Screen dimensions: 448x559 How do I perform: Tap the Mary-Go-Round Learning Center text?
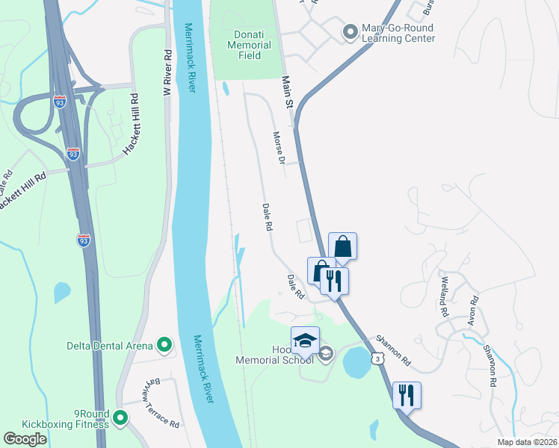click(398, 34)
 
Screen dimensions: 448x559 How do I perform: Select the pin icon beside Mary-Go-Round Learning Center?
click(349, 31)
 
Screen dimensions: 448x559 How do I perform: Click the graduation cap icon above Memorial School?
click(305, 341)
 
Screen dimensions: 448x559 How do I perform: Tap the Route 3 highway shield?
click(380, 359)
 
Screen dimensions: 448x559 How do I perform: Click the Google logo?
click(25, 439)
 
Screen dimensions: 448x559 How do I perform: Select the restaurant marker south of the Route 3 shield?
click(407, 396)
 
